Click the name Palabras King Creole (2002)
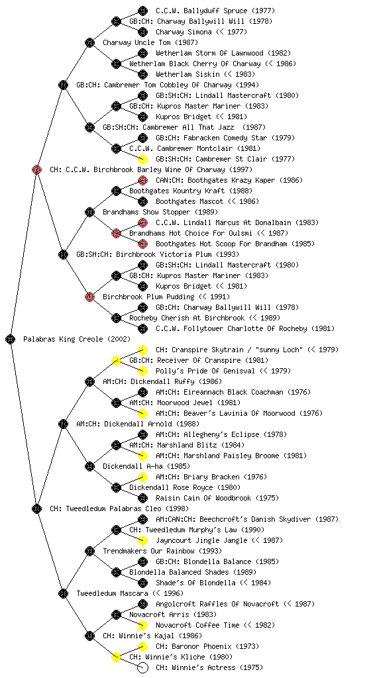(x=77, y=340)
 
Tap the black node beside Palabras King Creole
(x=11, y=340)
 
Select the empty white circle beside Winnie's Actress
(x=142, y=667)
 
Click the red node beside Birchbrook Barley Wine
(x=36, y=170)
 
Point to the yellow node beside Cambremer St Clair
(x=142, y=159)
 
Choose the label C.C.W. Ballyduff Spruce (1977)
(x=215, y=11)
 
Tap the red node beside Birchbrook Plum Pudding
(x=89, y=297)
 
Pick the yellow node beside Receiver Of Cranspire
(x=116, y=361)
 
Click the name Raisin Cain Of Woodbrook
(x=203, y=498)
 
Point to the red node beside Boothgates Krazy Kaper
(x=142, y=180)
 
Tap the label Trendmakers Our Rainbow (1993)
(x=162, y=552)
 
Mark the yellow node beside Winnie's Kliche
(x=116, y=657)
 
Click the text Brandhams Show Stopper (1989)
(x=160, y=213)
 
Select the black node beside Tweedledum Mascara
(x=63, y=594)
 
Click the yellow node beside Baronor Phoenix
(x=142, y=646)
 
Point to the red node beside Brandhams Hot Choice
(x=116, y=234)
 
